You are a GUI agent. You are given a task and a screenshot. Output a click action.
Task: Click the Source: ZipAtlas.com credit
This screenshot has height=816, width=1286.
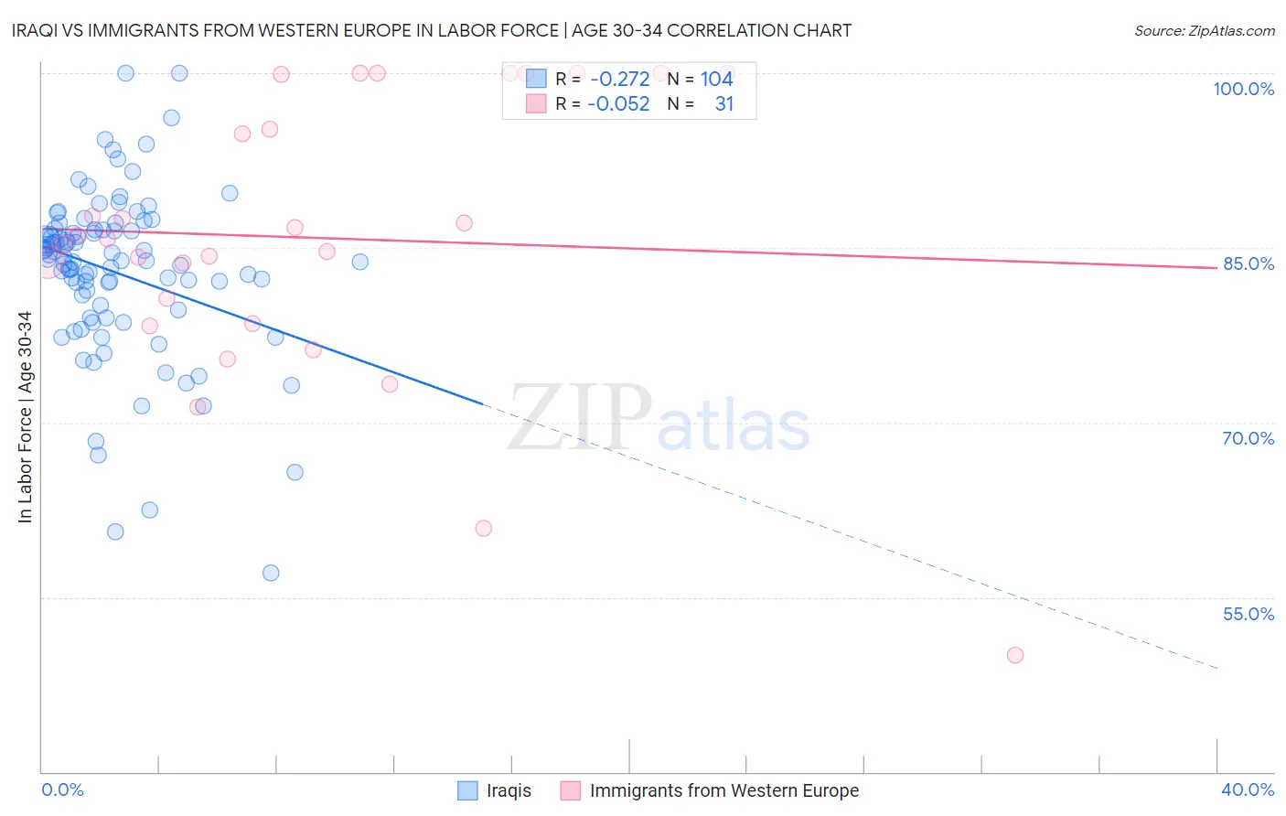tap(1204, 30)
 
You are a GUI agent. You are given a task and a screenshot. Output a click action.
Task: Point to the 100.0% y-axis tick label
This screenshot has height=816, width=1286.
tap(1243, 89)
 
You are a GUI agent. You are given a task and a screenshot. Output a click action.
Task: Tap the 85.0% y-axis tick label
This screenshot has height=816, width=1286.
tap(1248, 263)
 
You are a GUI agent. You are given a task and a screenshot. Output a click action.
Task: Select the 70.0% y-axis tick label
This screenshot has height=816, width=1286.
tap(1248, 438)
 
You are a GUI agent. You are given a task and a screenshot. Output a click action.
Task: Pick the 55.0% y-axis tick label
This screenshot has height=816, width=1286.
tap(1248, 614)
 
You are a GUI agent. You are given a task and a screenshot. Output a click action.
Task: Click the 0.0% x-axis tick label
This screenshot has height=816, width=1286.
tap(62, 789)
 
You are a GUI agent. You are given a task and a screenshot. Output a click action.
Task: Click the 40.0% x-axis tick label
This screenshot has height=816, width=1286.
tap(1247, 789)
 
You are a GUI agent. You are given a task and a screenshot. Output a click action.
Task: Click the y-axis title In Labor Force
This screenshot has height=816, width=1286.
tap(25, 417)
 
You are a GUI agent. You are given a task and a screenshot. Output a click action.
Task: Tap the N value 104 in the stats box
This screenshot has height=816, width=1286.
tap(716, 80)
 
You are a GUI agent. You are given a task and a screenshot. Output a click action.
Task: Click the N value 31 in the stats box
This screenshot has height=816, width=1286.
tap(723, 104)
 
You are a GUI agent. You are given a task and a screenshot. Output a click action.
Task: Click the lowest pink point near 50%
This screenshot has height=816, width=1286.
tap(1014, 655)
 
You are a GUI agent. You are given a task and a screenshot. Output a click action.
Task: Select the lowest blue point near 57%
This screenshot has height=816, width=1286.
tap(271, 573)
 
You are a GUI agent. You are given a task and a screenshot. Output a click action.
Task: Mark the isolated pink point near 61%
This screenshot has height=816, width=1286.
tap(484, 528)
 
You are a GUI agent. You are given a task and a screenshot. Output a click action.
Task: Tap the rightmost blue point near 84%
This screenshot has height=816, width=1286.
tap(360, 262)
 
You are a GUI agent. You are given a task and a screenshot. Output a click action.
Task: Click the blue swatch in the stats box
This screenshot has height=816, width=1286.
tap(536, 80)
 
